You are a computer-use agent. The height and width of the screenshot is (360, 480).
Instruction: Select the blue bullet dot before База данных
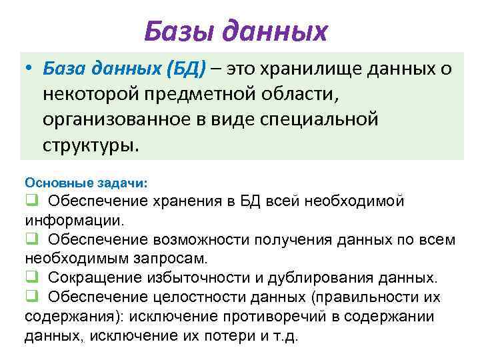coord(29,68)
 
